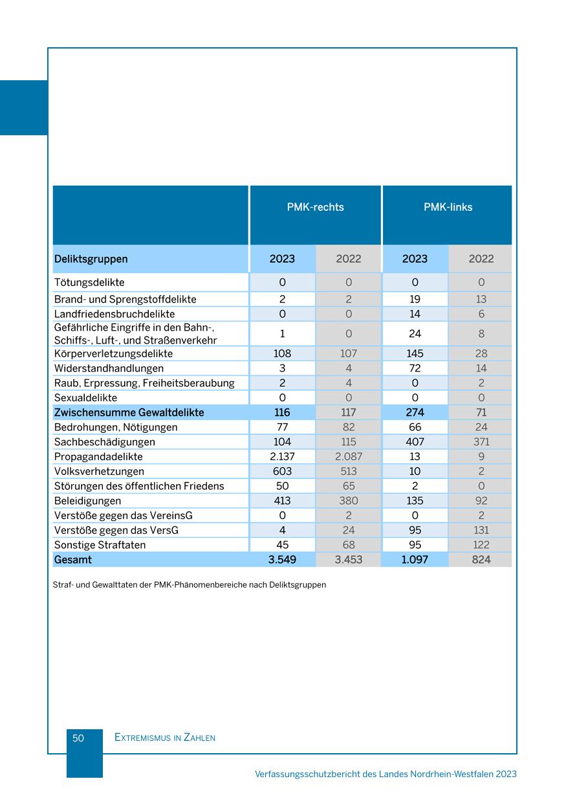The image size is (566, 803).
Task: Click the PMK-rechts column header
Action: [315, 208]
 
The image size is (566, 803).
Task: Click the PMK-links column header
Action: [448, 208]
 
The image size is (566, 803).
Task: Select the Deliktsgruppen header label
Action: [91, 259]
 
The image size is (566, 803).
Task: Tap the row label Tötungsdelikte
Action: [89, 283]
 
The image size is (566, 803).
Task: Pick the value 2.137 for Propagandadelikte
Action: [282, 457]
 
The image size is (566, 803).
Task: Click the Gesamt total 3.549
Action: [282, 560]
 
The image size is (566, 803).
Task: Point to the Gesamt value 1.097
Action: [415, 560]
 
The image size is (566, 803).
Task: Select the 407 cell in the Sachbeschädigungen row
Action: [415, 442]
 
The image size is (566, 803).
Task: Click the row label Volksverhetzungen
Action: [99, 472]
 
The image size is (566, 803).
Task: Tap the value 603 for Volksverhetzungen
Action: [282, 472]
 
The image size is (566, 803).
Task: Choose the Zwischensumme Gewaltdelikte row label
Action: [129, 413]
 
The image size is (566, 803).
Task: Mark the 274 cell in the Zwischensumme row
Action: [415, 413]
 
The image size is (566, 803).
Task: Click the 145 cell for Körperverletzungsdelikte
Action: [415, 354]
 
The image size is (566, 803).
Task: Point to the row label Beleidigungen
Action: [87, 501]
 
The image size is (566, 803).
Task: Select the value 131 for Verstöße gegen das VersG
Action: [481, 531]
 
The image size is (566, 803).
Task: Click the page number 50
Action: [78, 738]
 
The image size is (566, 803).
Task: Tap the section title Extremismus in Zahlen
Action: [165, 738]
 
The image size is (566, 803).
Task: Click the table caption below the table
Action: [190, 585]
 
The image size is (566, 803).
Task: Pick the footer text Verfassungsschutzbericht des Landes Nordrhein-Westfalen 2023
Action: [386, 774]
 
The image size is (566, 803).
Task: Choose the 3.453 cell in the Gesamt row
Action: [348, 560]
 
